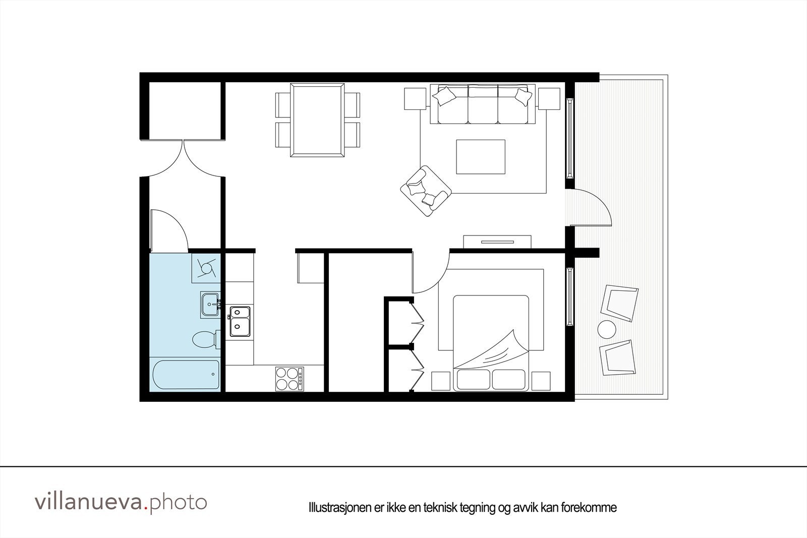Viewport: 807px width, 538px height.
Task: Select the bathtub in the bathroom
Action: (186, 375)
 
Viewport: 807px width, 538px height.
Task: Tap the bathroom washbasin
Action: (210, 305)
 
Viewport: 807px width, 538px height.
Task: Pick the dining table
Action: (318, 120)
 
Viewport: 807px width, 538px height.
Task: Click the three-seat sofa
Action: (483, 104)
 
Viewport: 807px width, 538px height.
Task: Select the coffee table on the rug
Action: (480, 157)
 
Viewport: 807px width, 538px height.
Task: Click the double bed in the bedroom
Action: (490, 343)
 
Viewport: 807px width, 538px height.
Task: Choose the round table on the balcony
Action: (607, 330)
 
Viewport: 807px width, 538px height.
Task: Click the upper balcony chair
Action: (619, 303)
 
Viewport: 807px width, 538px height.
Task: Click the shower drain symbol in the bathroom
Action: (206, 267)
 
